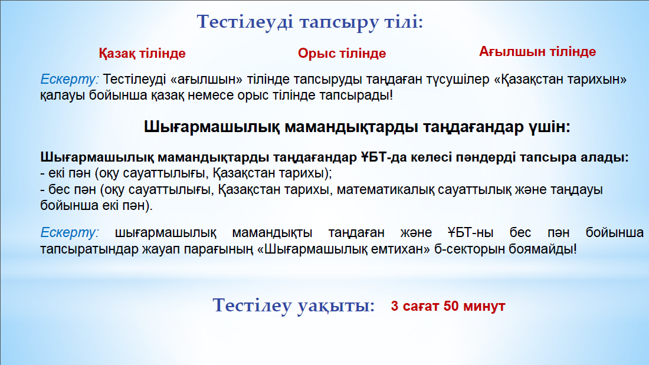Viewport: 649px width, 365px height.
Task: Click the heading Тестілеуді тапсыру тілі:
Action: click(310, 22)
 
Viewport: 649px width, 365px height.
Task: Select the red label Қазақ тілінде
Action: click(142, 54)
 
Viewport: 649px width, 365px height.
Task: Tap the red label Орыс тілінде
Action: click(342, 54)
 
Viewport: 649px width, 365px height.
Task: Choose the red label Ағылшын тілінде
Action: click(537, 52)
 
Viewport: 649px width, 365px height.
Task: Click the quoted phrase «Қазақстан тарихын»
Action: click(560, 79)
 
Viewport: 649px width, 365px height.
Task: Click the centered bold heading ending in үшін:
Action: click(357, 127)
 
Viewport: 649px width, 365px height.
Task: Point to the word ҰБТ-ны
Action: click(470, 232)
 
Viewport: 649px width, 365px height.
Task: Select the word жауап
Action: click(159, 249)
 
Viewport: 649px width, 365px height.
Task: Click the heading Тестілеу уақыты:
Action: click(293, 306)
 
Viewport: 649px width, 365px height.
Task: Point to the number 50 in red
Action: click(451, 306)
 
